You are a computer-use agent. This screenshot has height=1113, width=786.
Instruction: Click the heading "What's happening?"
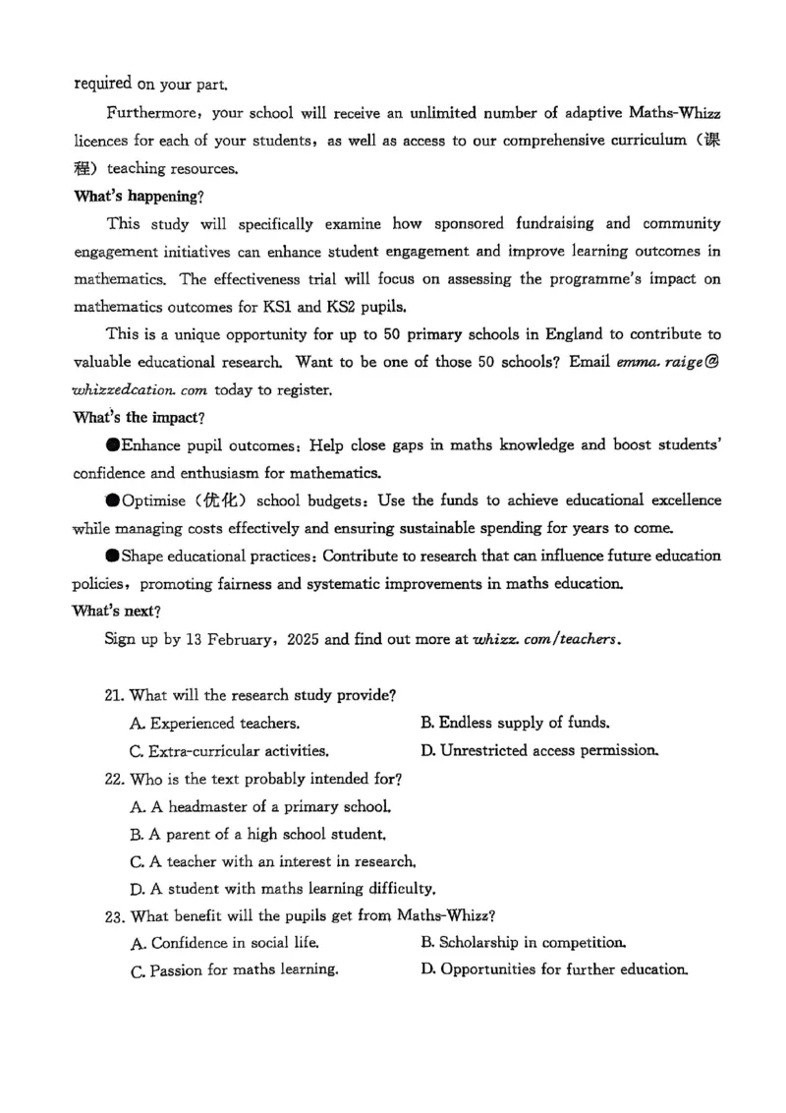[139, 196]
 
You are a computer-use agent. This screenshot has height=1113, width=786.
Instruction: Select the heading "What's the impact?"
[139, 418]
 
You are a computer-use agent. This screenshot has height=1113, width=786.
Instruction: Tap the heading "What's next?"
[117, 612]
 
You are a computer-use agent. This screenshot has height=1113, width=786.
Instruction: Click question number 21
[114, 696]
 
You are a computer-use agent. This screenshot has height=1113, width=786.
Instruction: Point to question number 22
[114, 780]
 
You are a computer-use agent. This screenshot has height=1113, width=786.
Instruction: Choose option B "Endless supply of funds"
[515, 724]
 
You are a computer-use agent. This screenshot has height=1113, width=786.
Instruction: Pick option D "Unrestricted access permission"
[539, 751]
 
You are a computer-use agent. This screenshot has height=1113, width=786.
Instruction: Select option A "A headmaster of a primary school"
[260, 807]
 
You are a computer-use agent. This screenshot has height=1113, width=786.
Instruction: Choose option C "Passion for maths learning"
[235, 970]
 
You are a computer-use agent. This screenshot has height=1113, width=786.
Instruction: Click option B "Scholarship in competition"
[524, 943]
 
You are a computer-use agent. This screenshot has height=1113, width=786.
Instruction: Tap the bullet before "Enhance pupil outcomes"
[113, 445]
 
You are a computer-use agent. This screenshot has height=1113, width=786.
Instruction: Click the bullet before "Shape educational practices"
[113, 556]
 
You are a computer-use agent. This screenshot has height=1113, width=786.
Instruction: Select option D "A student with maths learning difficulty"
[282, 890]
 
